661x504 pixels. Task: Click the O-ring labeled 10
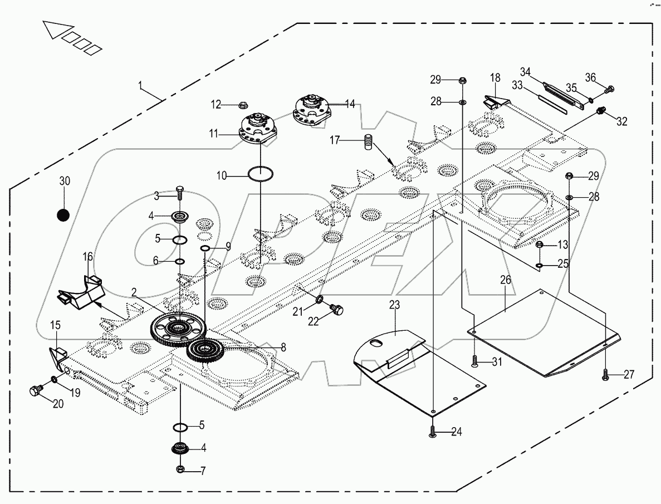[261, 174]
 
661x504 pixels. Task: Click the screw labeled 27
[606, 376]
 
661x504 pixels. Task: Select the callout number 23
[394, 305]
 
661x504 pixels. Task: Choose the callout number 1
[141, 87]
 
